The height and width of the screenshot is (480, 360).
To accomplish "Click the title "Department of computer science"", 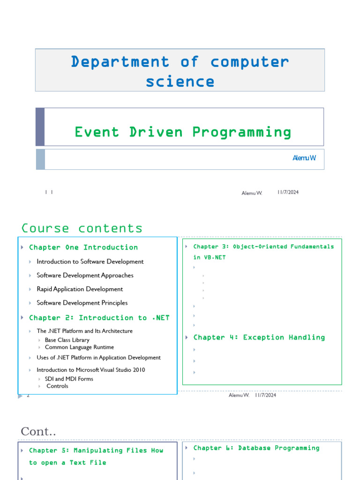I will [x=180, y=71].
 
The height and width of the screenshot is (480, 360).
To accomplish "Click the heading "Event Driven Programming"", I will [x=183, y=132].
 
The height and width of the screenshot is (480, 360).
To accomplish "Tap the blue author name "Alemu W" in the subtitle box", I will [x=304, y=158].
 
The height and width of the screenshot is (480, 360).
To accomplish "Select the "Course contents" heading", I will [x=82, y=228].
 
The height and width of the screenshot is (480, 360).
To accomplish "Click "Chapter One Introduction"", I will [x=83, y=247].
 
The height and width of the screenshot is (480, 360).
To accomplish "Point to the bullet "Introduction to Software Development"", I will [x=90, y=262].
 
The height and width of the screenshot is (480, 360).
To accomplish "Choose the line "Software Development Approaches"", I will [x=85, y=275].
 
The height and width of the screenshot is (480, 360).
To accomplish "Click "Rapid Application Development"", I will [x=80, y=289].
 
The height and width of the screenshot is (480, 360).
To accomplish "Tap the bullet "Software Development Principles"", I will [x=82, y=303].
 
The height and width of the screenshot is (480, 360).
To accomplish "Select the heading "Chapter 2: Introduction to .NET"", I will [x=99, y=318].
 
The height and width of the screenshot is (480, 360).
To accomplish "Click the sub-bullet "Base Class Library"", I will [x=67, y=340].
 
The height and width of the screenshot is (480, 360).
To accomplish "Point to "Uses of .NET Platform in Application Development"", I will [x=98, y=358].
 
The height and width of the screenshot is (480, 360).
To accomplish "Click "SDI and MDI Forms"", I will [x=69, y=379].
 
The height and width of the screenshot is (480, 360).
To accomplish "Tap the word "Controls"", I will [x=57, y=386].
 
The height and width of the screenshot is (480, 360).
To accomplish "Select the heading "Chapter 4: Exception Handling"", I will [x=259, y=337].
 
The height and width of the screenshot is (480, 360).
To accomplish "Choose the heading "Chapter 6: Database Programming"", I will [x=256, y=448].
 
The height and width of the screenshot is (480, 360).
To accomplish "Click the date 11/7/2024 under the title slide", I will [x=288, y=192].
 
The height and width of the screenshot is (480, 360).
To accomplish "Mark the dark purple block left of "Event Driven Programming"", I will [x=40, y=127].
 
